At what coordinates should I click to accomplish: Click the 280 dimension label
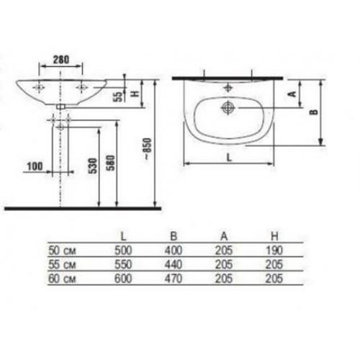[61, 60]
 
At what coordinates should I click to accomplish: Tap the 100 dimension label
[35, 166]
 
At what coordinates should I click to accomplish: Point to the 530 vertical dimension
[94, 166]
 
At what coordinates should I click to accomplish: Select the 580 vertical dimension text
[111, 163]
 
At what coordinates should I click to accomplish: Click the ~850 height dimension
[147, 149]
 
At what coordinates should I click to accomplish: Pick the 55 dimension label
[118, 96]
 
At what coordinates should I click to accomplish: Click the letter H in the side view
[135, 93]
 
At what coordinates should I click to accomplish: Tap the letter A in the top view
[292, 94]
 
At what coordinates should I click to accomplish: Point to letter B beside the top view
[314, 112]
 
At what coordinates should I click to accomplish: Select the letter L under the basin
[230, 158]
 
